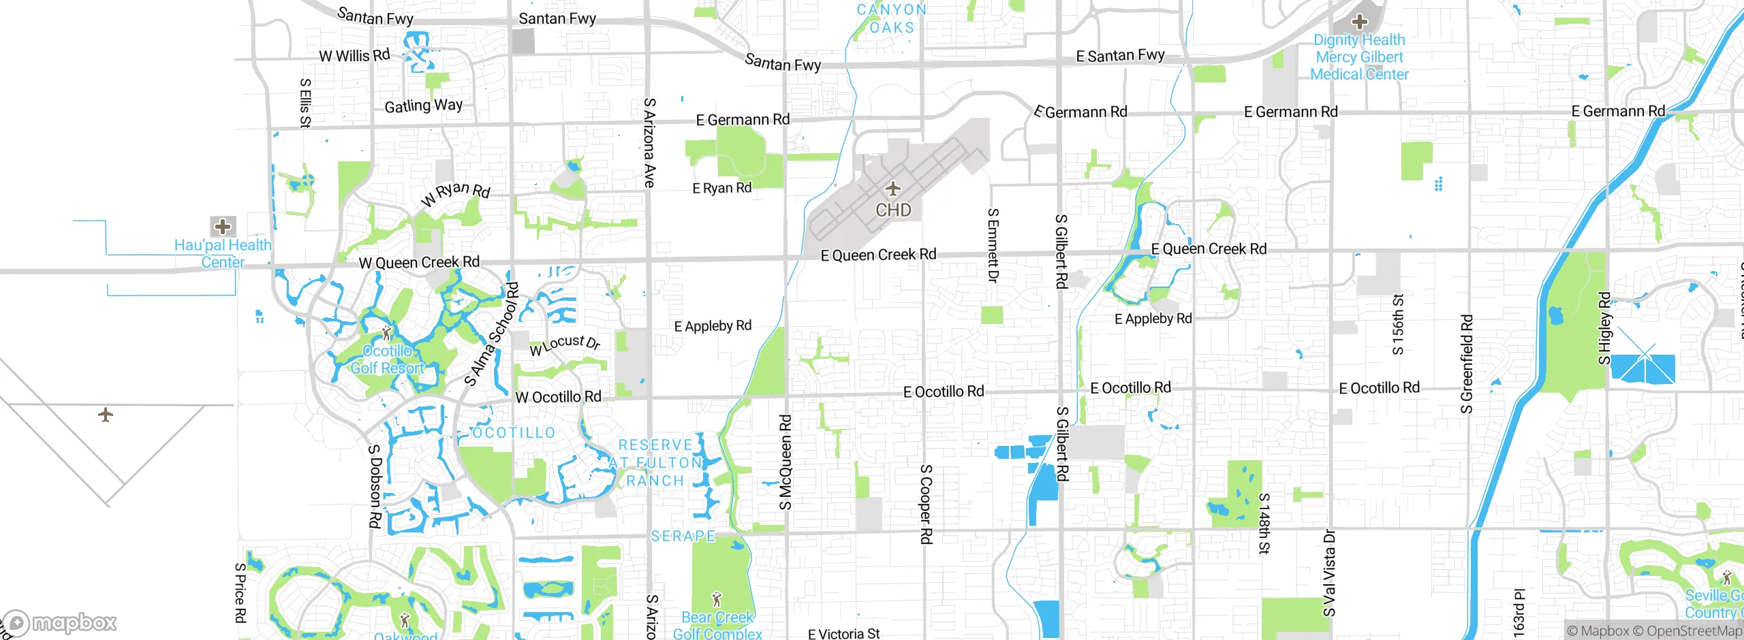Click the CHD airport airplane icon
point(892,189)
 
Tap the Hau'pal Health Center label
point(223,253)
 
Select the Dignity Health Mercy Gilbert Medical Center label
point(1359,57)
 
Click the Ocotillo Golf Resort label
point(387,359)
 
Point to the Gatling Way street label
point(423,106)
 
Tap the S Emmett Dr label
point(993,245)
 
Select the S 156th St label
point(1398,324)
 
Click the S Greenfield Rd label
point(1467,364)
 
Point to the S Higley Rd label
point(1604,327)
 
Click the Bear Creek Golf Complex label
point(717,625)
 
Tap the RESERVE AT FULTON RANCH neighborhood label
point(655,463)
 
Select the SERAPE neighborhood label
point(683,536)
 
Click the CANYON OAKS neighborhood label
point(892,18)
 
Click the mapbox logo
point(59,622)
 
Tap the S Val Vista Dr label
point(1329,573)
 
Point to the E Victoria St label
point(843,634)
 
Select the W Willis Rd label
point(354,55)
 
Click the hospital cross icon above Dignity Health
point(1360,21)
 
